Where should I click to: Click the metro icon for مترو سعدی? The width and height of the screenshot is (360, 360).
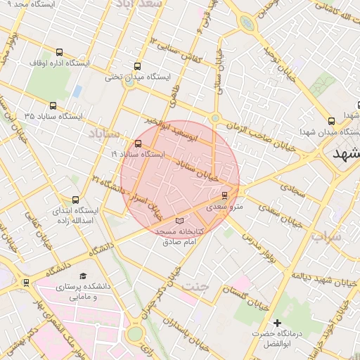point(225,195)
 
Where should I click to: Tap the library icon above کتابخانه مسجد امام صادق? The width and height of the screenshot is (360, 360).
point(177,221)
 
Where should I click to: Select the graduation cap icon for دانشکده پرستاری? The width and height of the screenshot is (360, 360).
point(83,276)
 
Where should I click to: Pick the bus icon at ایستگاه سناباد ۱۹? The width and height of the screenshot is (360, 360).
point(137,143)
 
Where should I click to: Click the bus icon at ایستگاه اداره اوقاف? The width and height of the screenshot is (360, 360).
point(58,52)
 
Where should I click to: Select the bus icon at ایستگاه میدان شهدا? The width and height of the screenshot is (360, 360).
point(331,121)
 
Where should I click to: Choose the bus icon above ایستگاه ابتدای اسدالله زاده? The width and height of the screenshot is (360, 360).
point(76,199)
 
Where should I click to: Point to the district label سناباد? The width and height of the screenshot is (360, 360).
point(105,132)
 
